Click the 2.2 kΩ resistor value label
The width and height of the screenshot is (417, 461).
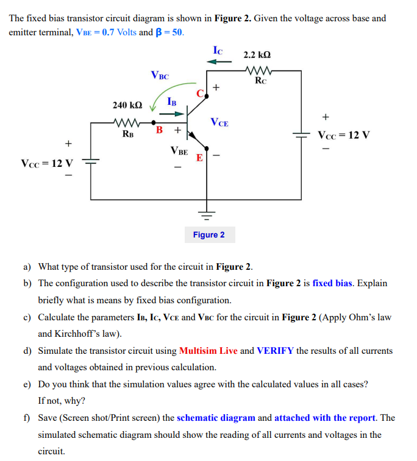(x=258, y=55)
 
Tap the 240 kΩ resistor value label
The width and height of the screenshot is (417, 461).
(x=128, y=105)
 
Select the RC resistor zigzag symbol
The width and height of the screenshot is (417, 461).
(x=259, y=70)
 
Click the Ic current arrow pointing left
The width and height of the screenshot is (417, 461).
(x=221, y=62)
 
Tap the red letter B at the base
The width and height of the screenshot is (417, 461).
(x=159, y=130)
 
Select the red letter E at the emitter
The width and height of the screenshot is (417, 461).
(x=199, y=158)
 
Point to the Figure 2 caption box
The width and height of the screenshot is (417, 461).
(x=208, y=234)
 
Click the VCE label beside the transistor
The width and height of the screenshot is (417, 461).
(x=219, y=122)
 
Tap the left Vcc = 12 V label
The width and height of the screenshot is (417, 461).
(x=46, y=163)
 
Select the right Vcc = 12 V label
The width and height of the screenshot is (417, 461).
(x=343, y=135)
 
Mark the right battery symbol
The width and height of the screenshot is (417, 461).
(x=301, y=136)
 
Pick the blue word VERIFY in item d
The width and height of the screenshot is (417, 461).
(x=275, y=351)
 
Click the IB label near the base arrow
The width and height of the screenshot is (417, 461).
(x=172, y=102)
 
